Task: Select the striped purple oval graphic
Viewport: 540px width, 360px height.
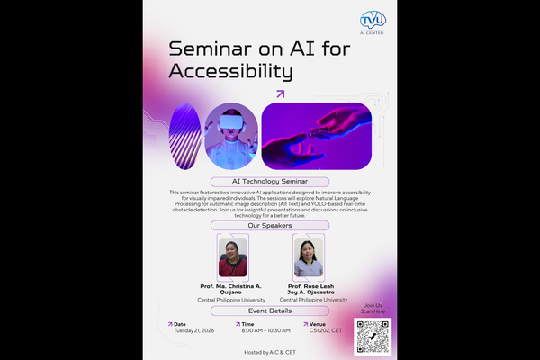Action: click(185, 130)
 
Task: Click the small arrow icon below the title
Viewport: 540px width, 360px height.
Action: click(280, 94)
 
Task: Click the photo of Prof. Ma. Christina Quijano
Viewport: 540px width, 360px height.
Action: click(233, 257)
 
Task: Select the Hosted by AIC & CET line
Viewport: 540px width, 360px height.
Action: click(269, 351)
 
